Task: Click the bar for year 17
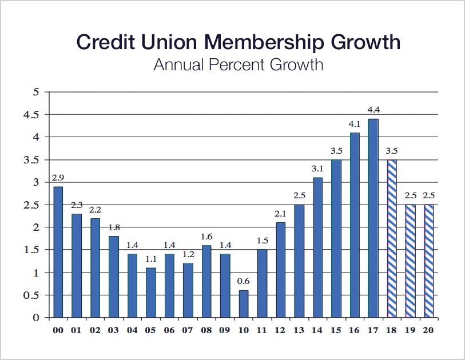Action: (x=373, y=218)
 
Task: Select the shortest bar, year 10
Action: (x=244, y=303)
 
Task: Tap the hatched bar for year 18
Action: (x=392, y=238)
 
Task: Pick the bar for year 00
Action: (x=58, y=252)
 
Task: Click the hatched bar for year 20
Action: (x=428, y=261)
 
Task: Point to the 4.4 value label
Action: (x=373, y=110)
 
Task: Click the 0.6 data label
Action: (x=244, y=282)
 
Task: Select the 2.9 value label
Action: (x=58, y=178)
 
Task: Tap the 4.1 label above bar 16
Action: (x=355, y=123)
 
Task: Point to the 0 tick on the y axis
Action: (x=36, y=317)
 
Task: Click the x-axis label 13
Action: (x=299, y=330)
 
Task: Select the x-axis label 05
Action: (x=151, y=330)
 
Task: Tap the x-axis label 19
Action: (x=410, y=330)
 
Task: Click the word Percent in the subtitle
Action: (x=237, y=64)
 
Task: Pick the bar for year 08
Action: (x=206, y=281)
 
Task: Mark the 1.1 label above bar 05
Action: (x=151, y=259)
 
